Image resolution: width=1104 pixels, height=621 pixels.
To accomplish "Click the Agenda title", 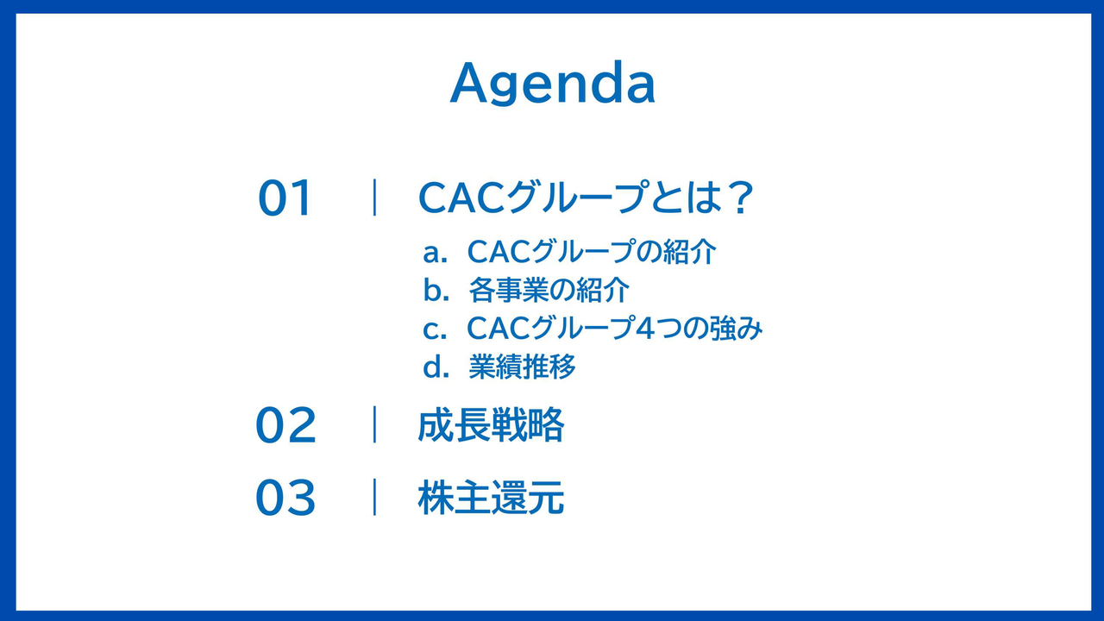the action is coord(553,83).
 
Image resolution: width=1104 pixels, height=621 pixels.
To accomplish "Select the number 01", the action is coord(285,198).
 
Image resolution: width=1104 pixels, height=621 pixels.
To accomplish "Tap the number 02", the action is coord(285,425).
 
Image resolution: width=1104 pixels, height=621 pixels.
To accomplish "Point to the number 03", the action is coord(285,498).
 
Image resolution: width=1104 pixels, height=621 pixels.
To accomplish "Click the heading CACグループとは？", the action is coord(586,198).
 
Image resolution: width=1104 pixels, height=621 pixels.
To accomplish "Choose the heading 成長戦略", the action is coord(491,424).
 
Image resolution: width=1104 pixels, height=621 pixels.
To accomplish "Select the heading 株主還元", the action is coord(491,498).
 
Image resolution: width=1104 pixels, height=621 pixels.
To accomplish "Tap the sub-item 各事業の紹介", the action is coord(549,290).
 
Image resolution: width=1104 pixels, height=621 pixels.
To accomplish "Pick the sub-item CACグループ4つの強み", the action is coord(615,329).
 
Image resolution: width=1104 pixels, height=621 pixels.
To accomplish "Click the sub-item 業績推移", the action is coord(523,367).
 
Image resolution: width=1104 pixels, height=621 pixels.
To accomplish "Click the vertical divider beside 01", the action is coord(375,198).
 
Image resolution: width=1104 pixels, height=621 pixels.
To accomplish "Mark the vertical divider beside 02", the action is coord(375,424).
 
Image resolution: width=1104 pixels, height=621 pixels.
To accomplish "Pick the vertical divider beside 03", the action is coord(375,497).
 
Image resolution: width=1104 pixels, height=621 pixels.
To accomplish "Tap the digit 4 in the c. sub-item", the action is coord(645,329).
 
